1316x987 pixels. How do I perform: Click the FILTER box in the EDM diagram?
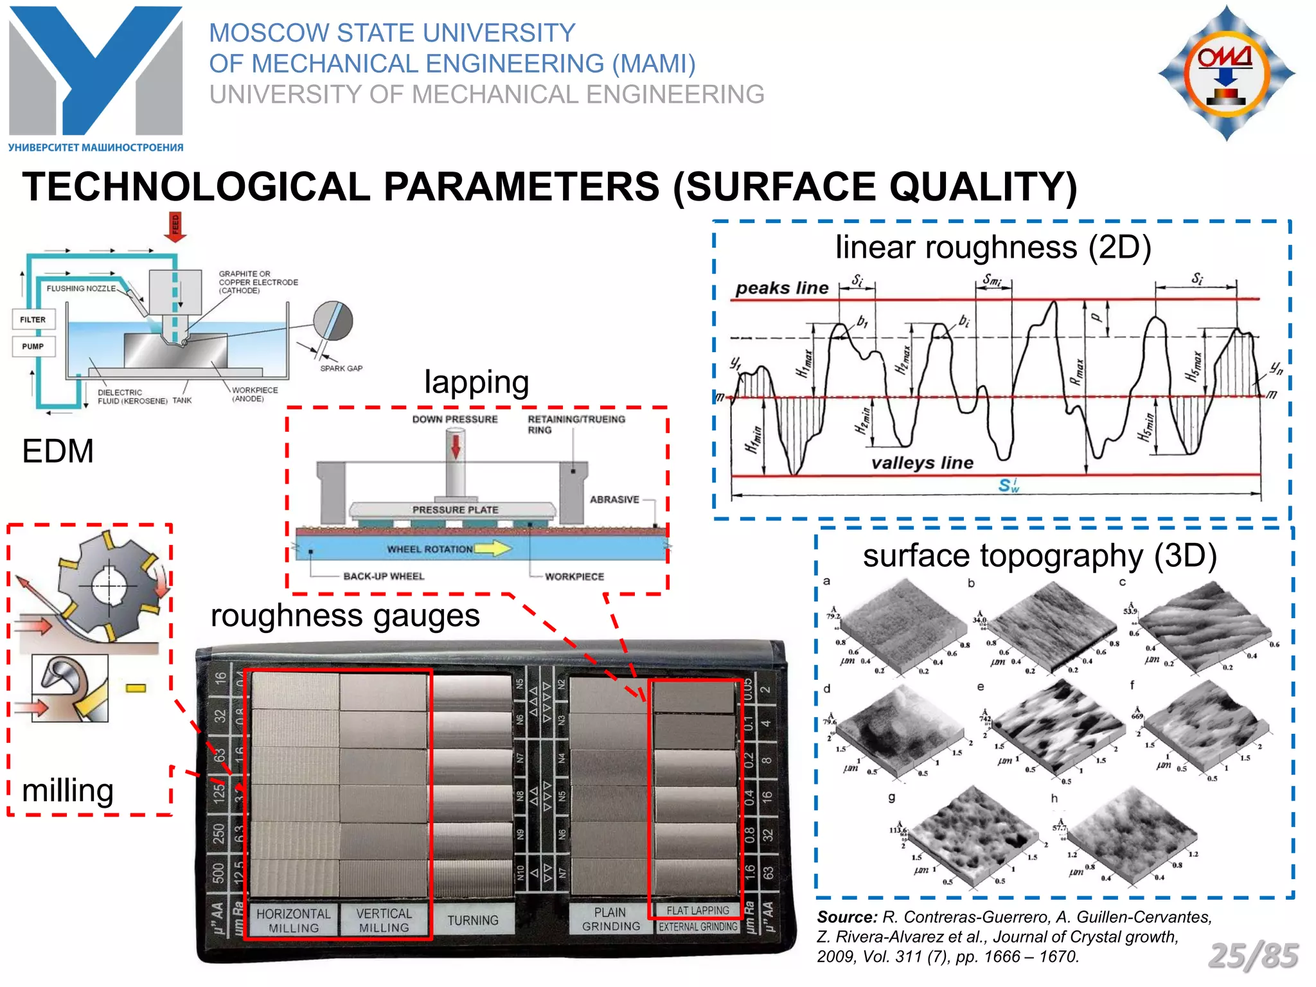pos(33,319)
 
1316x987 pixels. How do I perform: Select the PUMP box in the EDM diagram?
pos(33,346)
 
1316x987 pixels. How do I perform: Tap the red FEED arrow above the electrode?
pos(175,227)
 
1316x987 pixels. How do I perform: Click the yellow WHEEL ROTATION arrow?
pos(493,548)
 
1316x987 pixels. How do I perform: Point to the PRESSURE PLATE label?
pos(455,510)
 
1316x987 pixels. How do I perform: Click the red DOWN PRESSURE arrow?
pos(456,447)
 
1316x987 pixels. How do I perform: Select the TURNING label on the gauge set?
pos(473,920)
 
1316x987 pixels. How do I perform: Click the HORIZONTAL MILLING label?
pos(294,920)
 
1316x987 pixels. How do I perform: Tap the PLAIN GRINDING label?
pos(610,919)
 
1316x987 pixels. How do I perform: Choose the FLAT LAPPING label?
pos(698,911)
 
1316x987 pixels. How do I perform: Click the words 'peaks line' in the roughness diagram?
pos(782,288)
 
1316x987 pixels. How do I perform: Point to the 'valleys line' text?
pos(922,463)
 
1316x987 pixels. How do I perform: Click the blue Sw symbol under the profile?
pos(1008,485)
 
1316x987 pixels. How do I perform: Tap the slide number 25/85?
pos(1253,956)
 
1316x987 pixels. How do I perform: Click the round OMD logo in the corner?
pos(1227,73)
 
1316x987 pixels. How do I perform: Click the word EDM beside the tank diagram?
pos(58,451)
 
